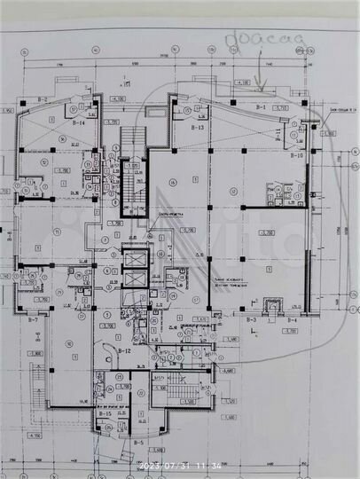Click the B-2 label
point(42,99)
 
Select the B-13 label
point(196,128)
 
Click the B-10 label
point(294,156)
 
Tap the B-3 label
point(252,318)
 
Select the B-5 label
point(138,442)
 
